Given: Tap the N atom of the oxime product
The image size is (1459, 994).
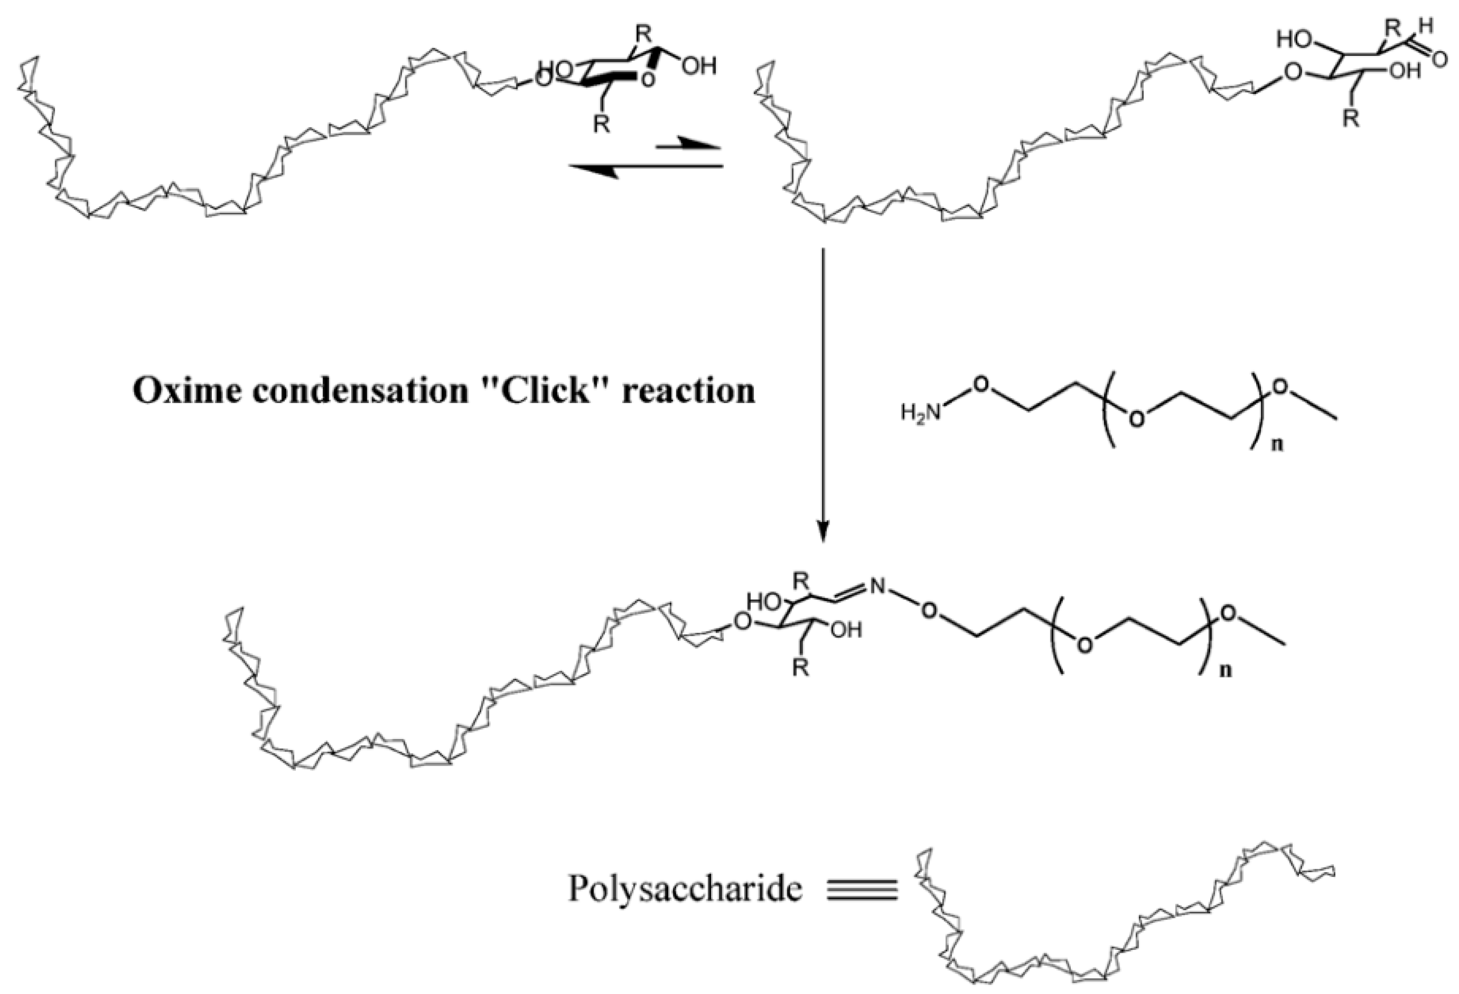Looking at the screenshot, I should click(877, 588).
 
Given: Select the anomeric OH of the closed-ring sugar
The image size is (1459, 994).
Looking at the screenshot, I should click(699, 66).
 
